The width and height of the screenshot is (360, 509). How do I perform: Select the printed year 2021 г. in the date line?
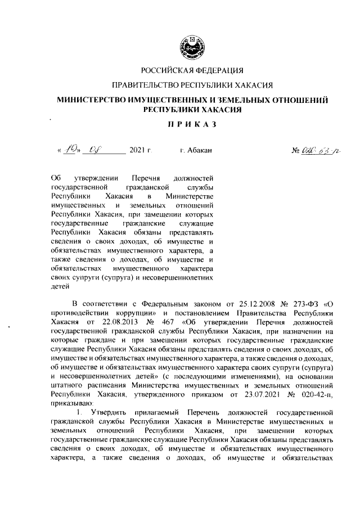[141, 151]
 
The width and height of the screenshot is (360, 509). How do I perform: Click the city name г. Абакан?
[196, 151]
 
